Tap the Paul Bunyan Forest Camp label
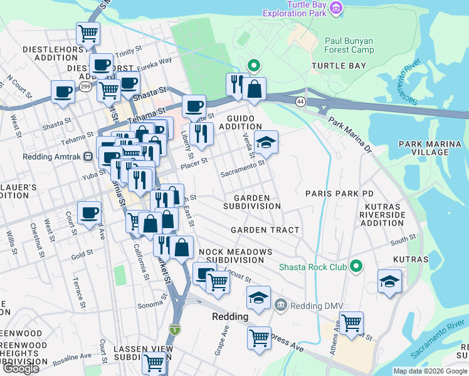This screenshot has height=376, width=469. (349, 46)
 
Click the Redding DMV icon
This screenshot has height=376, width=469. (280, 306)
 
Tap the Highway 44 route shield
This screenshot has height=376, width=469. (302, 101)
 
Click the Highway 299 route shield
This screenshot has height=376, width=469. (83, 88)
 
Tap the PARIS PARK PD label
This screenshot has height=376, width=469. (339, 194)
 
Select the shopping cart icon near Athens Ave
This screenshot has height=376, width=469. (351, 323)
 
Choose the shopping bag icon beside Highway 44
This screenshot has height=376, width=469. (254, 90)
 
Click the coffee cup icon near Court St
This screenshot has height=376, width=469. (90, 214)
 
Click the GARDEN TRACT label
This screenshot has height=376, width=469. (265, 230)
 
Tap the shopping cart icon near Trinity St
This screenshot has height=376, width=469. (88, 33)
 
